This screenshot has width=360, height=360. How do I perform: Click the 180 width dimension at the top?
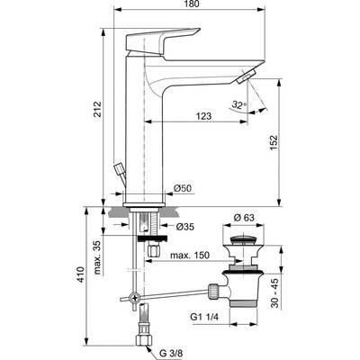(192, 4)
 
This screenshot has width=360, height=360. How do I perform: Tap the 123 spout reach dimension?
(204, 116)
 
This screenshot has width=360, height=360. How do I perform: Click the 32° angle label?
(239, 105)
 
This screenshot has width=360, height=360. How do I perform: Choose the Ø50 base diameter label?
(182, 188)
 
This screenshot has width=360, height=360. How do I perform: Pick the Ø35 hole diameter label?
(184, 227)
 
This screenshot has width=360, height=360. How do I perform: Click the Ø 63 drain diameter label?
(244, 217)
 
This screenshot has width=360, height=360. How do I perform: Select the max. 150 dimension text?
(189, 256)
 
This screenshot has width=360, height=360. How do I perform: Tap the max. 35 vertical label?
(97, 257)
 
